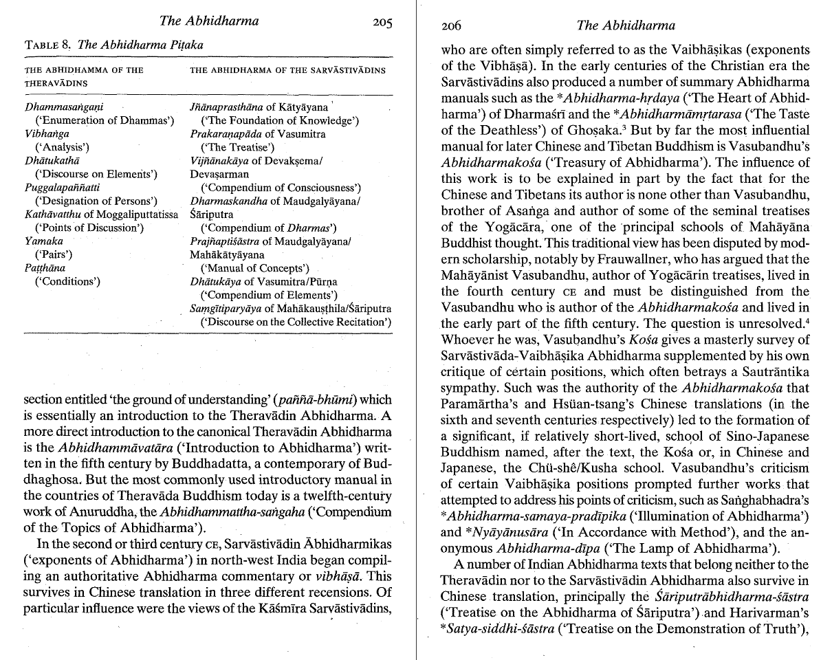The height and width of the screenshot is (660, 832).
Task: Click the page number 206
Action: tap(451, 26)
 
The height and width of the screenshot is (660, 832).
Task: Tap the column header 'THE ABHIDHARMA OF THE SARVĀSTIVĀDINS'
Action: tap(287, 70)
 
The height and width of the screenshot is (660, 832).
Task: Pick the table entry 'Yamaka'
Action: tap(43, 241)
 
